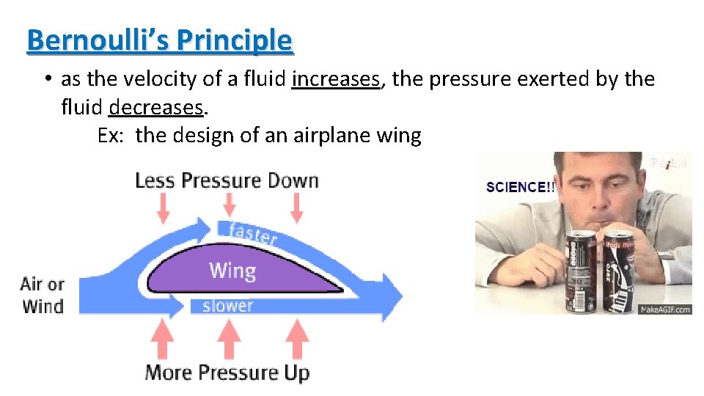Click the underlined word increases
(x=337, y=78)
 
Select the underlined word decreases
(x=155, y=108)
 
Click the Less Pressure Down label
(x=227, y=180)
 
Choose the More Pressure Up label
(x=227, y=373)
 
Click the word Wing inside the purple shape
(x=232, y=271)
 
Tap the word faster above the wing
(x=252, y=233)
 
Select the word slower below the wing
(x=227, y=305)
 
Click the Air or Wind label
(x=43, y=295)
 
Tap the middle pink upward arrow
(x=226, y=340)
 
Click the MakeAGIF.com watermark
(x=665, y=309)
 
